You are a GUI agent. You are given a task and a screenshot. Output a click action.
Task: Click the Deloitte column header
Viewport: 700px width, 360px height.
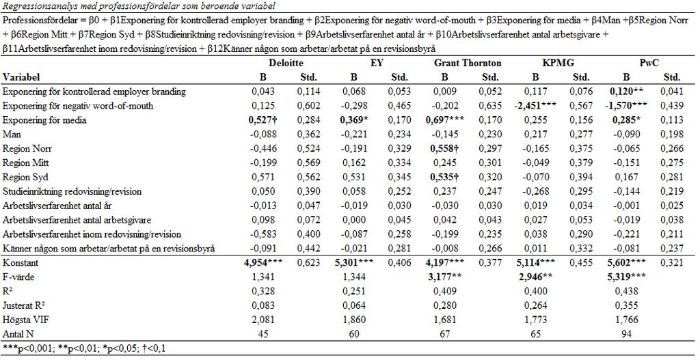point(286,63)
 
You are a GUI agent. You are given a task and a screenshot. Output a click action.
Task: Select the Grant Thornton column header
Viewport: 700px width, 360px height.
point(468,63)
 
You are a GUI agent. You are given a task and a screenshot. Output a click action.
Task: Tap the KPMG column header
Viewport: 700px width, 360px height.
point(558,63)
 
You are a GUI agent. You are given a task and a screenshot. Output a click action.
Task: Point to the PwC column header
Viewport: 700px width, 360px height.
point(649,63)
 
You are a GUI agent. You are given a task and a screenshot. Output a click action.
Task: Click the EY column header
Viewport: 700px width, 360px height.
point(377,63)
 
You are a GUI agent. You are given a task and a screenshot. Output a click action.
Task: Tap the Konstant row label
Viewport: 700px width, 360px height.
point(21,263)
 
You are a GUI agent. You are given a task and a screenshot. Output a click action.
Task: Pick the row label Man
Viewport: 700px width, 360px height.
point(12,135)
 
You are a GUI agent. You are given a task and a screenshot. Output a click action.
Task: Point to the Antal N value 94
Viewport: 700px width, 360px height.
point(626,334)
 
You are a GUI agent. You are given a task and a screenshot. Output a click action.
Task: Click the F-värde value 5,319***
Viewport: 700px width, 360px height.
point(626,277)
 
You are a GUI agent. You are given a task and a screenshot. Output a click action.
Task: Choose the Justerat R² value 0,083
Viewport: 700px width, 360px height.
point(263,305)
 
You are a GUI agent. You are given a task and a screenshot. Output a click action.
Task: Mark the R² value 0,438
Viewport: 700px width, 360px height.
point(626,291)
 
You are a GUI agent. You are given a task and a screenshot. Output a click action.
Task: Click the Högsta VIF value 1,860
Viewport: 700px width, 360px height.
point(354,320)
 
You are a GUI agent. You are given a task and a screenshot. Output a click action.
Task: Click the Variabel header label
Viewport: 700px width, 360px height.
point(21,77)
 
